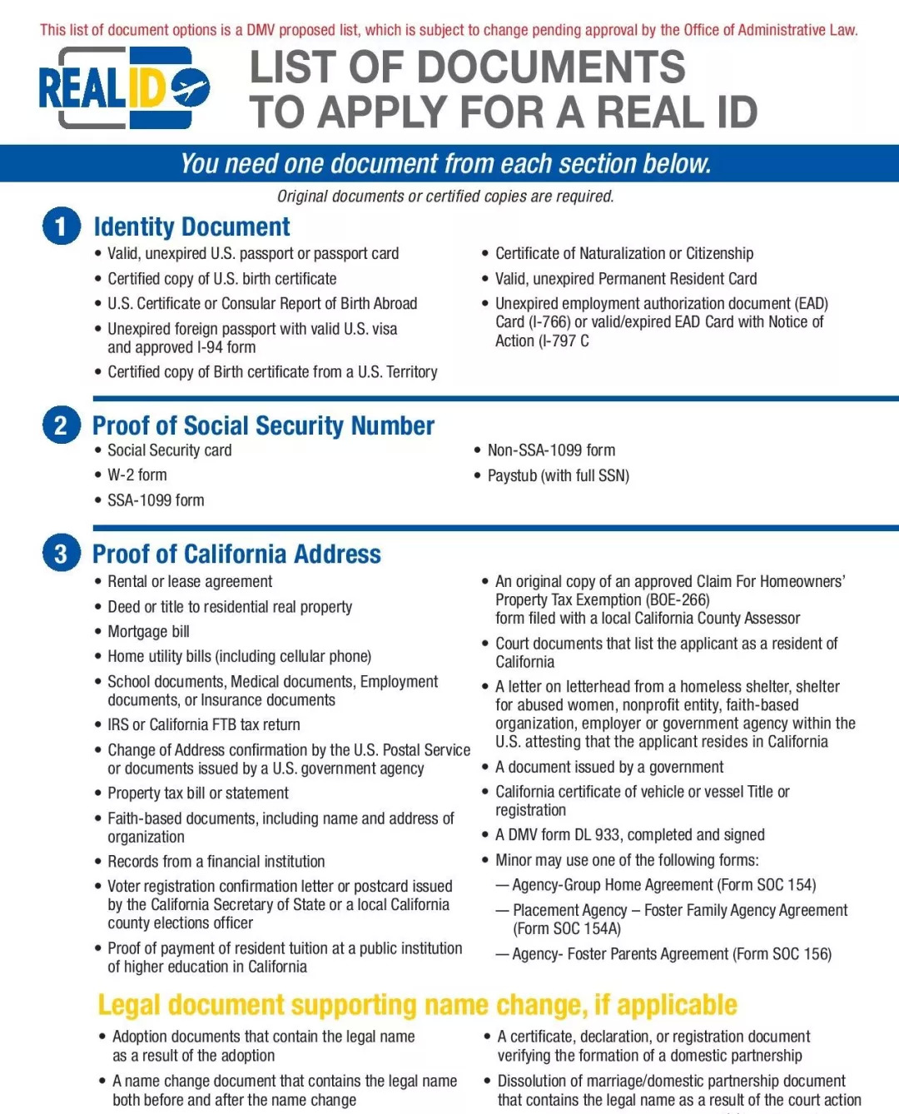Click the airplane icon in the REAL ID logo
tap(191, 88)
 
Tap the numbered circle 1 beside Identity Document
tap(61, 226)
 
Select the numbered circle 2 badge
tap(61, 425)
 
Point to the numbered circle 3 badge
tap(61, 554)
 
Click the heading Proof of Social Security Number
tap(263, 425)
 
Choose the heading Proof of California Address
tap(236, 554)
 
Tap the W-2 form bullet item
tap(137, 475)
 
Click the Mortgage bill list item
tap(148, 632)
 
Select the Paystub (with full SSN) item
tap(558, 475)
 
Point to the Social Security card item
tap(169, 450)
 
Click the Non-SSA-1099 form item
tap(551, 450)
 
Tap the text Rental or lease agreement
tap(190, 582)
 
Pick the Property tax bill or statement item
tap(198, 793)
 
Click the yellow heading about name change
tap(417, 1005)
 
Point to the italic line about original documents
tap(445, 196)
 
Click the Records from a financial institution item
tap(216, 862)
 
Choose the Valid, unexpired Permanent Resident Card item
tap(626, 279)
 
